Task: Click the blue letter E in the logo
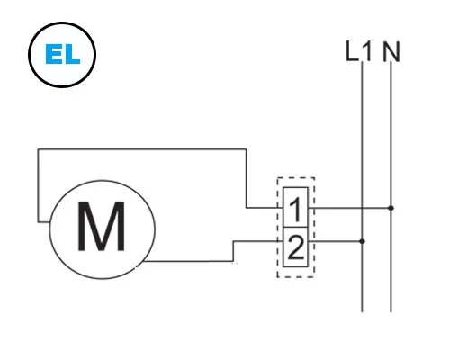coord(53,54)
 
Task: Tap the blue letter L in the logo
coord(72,54)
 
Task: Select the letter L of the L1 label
coord(352,51)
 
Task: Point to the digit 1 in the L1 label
coord(366,51)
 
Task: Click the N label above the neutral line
coord(391,52)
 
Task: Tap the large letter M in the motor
coord(101,226)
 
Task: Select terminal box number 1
coord(295,207)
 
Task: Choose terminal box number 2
coord(295,247)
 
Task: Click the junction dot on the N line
coord(391,208)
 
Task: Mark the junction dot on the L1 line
coord(362,241)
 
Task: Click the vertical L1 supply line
coord(362,186)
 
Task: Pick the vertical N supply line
coord(391,186)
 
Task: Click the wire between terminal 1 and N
coord(349,208)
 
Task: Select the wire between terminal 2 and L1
coord(335,241)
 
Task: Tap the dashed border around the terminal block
coord(277,228)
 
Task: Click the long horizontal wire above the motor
coord(142,149)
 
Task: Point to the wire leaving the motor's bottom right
coord(188,261)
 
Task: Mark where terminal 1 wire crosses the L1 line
coord(362,208)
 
